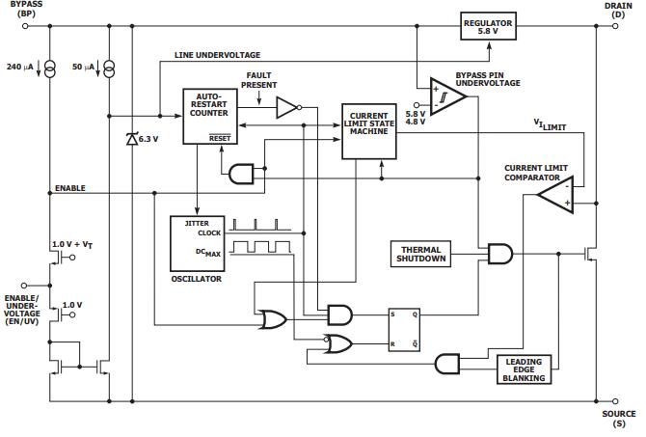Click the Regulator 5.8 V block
488,25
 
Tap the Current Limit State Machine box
369,129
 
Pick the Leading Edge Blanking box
525,369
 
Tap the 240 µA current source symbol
50,67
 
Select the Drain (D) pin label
618,10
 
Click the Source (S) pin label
618,418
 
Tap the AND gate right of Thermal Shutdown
500,255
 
